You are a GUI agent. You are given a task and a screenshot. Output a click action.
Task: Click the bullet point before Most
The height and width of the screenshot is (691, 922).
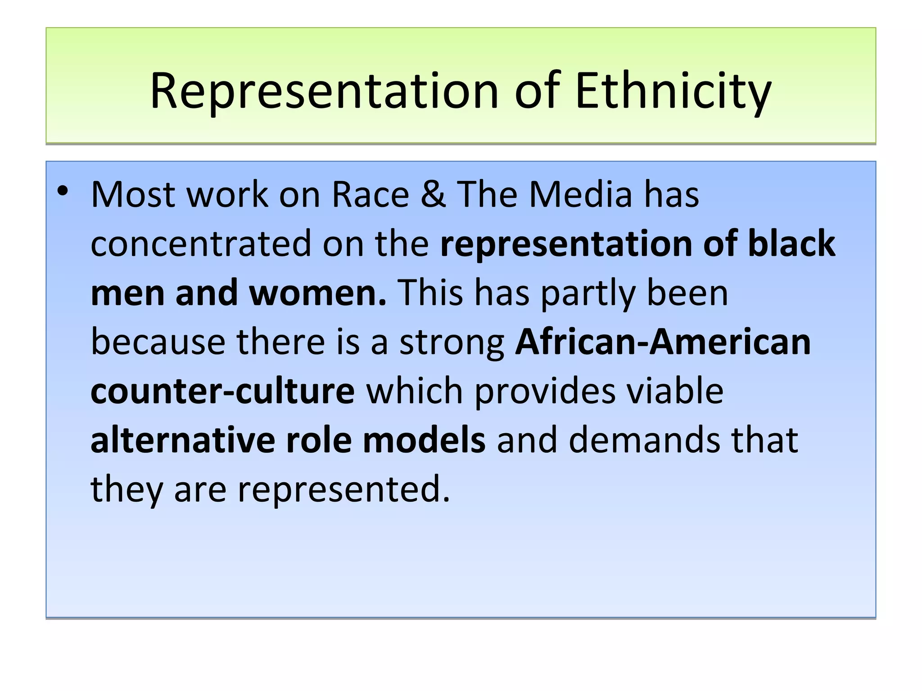tap(63, 192)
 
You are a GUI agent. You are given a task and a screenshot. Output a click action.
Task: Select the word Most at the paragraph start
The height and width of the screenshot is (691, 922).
tap(133, 194)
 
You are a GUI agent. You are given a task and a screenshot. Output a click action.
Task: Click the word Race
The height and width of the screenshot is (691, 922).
tap(370, 194)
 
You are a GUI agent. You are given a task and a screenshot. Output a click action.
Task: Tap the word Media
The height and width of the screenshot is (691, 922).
tap(580, 194)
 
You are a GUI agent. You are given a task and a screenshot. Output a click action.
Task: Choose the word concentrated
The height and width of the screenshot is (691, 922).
tap(201, 243)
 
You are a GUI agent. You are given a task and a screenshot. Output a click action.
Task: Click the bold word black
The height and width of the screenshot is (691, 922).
tap(791, 243)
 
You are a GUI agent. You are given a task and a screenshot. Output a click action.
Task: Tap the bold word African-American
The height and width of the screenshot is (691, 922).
tap(663, 342)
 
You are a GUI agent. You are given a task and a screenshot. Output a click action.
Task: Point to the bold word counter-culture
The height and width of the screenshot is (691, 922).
tap(222, 391)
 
